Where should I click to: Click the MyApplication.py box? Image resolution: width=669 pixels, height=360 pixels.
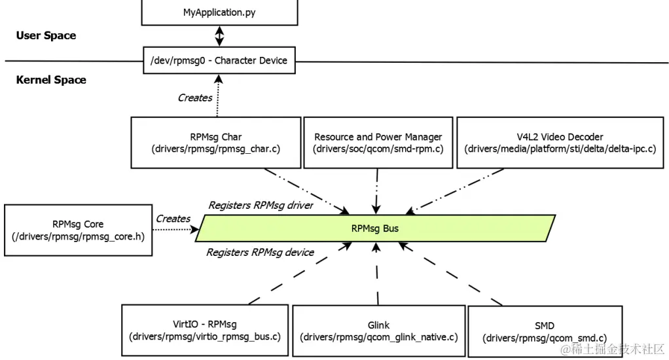tap(219, 12)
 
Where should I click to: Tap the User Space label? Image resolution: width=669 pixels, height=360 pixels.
tap(46, 35)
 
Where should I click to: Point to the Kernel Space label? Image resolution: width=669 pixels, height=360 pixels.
tap(51, 80)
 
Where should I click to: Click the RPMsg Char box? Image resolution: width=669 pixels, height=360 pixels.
tap(216, 143)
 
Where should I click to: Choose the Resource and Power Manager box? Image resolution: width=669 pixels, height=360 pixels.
tap(378, 143)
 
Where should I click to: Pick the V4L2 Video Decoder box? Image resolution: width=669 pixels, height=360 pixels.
tap(560, 143)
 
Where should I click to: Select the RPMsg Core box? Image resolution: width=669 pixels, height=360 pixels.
tap(78, 230)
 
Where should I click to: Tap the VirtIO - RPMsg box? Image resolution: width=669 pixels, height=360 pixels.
tap(205, 330)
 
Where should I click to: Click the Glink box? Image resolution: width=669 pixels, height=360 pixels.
tap(378, 331)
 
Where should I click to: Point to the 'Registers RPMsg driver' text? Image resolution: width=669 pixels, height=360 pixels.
tap(261, 206)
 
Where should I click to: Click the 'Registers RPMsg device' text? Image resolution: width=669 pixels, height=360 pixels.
tap(260, 252)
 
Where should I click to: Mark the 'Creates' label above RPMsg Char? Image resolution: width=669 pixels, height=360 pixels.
tap(195, 98)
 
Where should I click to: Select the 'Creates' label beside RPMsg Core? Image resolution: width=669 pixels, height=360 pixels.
tap(173, 219)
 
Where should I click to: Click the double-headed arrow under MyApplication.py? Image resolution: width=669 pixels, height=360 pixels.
tap(220, 35)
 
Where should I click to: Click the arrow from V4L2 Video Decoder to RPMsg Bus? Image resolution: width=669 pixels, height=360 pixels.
tap(455, 190)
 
